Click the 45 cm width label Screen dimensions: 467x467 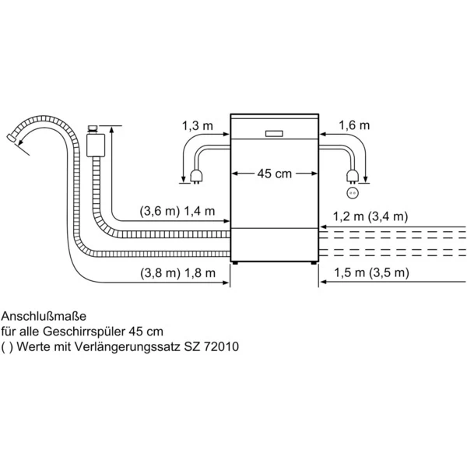274,174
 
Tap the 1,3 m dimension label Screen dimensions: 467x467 198,126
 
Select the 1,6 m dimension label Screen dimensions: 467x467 354,125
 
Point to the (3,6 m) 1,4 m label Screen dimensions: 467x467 177,211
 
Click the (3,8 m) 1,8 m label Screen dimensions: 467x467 177,273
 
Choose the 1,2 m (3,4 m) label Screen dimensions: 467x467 370,216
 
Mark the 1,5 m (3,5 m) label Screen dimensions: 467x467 371,272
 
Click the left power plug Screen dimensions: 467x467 197,176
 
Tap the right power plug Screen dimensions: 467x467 353,176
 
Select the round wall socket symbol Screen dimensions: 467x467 353,193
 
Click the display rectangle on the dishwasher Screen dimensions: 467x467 274,134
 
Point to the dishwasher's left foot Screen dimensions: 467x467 236,263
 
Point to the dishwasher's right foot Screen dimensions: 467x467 314,263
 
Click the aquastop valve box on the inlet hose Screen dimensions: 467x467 95,145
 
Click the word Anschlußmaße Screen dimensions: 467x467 44,316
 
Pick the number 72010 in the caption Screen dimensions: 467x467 221,346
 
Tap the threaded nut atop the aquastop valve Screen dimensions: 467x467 93,129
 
